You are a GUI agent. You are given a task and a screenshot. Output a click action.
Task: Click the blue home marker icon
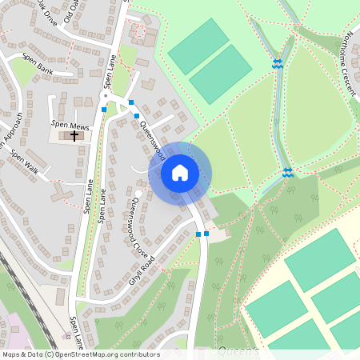coord(180,173)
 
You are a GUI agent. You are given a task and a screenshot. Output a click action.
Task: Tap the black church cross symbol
coord(74,135)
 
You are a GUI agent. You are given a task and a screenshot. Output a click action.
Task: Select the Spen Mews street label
coord(70,126)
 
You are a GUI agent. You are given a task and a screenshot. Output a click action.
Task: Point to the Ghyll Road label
coord(141,271)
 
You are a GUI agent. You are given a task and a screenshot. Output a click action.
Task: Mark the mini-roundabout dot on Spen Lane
coord(104,94)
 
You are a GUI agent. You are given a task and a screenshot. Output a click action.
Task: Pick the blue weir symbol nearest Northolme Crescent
coord(278,62)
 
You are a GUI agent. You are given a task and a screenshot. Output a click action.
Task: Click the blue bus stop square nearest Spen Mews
coord(104,110)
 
